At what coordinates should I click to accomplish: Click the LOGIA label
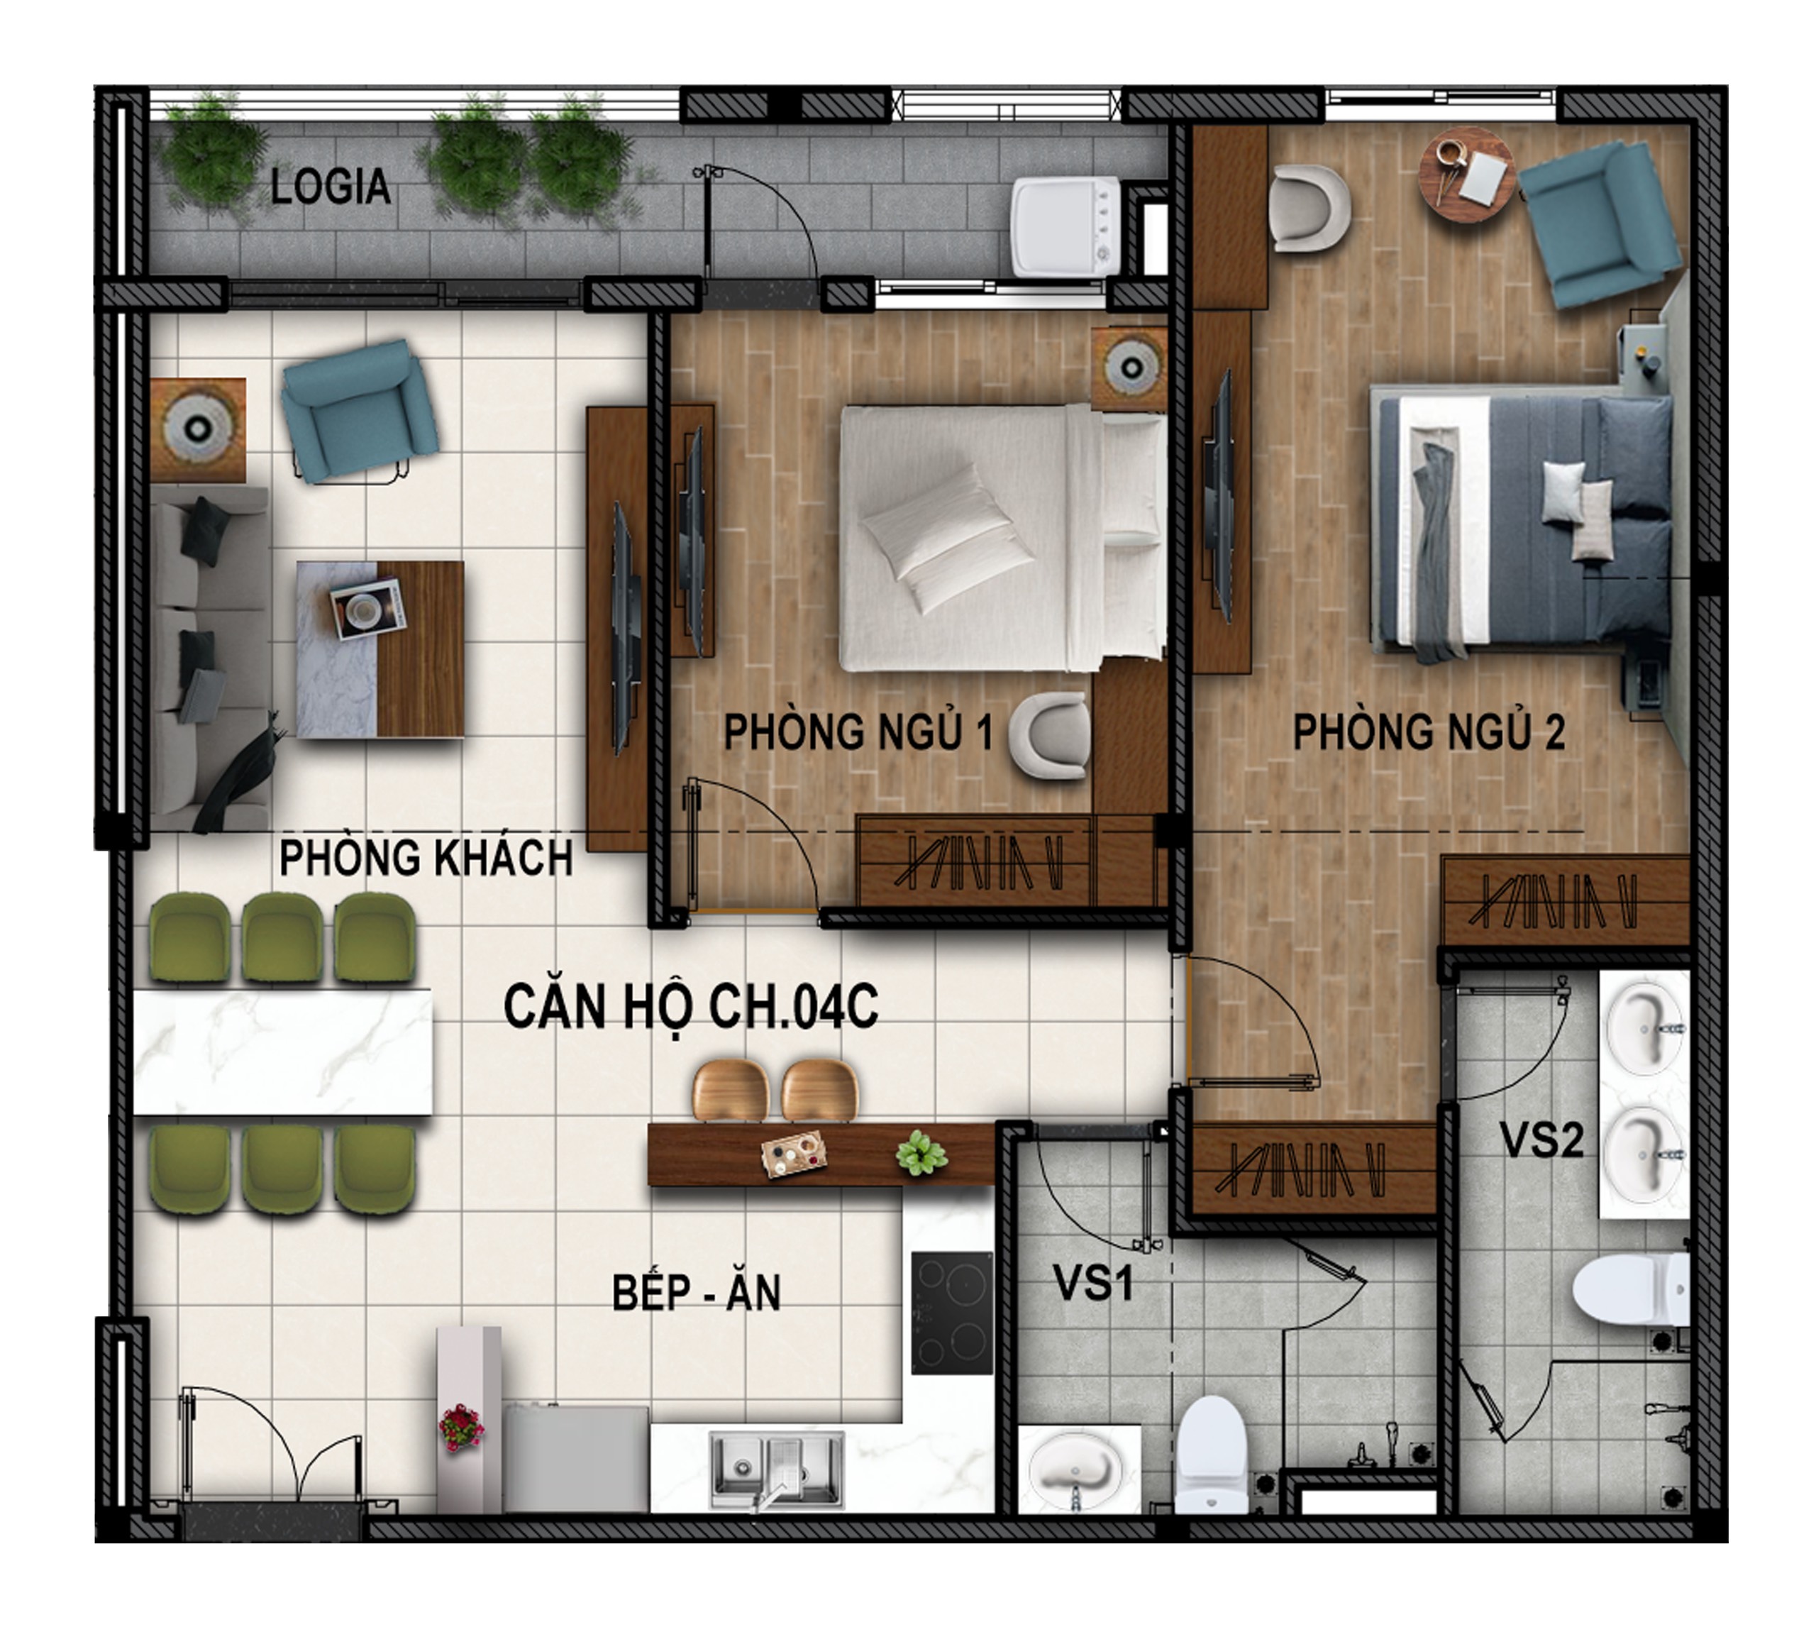click(330, 187)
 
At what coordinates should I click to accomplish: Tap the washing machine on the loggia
click(1065, 225)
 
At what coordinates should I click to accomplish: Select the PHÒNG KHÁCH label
click(426, 858)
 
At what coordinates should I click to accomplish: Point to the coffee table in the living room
click(380, 649)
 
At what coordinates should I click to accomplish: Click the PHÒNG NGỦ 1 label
click(858, 732)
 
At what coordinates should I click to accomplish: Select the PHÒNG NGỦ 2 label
click(1429, 732)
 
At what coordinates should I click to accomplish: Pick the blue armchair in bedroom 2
click(1599, 224)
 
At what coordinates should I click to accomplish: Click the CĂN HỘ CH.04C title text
click(690, 1007)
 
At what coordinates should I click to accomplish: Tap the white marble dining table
click(282, 1052)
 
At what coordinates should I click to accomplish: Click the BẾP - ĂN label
click(696, 1293)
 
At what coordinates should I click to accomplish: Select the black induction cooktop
click(952, 1313)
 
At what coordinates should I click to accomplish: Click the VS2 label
click(1541, 1140)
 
